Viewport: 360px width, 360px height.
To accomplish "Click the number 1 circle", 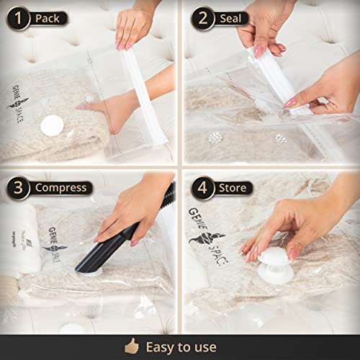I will pyautogui.click(x=18, y=18).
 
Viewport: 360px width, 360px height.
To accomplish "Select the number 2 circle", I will pyautogui.click(x=202, y=18).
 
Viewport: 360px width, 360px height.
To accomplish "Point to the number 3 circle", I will pyautogui.click(x=18, y=188).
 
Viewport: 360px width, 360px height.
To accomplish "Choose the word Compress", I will pyautogui.click(x=60, y=188).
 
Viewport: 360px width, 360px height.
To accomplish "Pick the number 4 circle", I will pyautogui.click(x=202, y=188).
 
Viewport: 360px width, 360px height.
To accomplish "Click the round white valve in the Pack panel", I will pyautogui.click(x=52, y=125).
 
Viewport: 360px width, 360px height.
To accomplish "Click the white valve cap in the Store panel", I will pyautogui.click(x=276, y=265).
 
